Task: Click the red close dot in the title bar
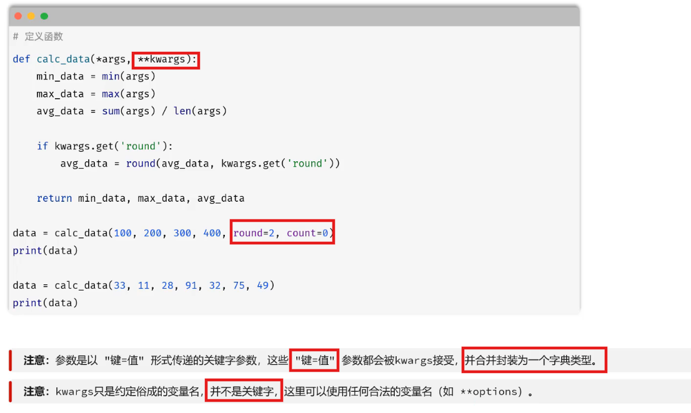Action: click(x=18, y=16)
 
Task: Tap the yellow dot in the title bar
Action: click(x=31, y=16)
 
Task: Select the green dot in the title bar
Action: click(x=44, y=16)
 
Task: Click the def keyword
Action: click(x=21, y=59)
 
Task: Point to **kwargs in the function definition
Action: click(x=161, y=59)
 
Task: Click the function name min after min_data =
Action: click(x=111, y=76)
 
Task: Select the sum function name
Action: click(x=111, y=111)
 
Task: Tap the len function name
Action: click(x=182, y=111)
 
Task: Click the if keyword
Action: click(x=42, y=146)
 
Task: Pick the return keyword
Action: click(x=54, y=198)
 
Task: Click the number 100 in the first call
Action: click(x=123, y=233)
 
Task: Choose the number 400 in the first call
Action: click(x=212, y=233)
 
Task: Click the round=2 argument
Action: click(x=254, y=233)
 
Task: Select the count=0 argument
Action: click(x=307, y=233)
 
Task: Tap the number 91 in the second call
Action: click(x=191, y=286)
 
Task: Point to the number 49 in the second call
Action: click(x=262, y=286)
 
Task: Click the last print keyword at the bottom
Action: click(x=27, y=303)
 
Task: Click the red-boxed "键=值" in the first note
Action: click(x=315, y=361)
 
